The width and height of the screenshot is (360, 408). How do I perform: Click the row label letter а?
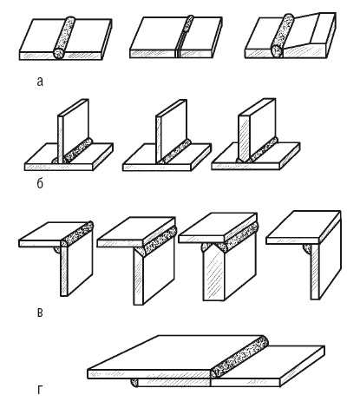point(40,82)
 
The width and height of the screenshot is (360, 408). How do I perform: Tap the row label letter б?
point(40,182)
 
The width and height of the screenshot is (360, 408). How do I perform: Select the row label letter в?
point(40,313)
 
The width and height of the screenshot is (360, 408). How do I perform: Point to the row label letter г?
point(40,390)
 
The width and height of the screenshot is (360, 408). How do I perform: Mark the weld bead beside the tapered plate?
point(282,35)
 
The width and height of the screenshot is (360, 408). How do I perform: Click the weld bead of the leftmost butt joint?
point(64,37)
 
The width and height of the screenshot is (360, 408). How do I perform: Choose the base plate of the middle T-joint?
point(167,158)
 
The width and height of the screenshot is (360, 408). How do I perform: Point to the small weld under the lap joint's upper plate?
point(134,383)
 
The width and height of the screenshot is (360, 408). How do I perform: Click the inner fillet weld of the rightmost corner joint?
point(308,249)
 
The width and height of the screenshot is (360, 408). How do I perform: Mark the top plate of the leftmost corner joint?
point(54,234)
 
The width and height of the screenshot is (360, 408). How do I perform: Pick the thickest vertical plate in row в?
point(228,267)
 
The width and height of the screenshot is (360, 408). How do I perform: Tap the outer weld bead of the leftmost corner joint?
point(77,233)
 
